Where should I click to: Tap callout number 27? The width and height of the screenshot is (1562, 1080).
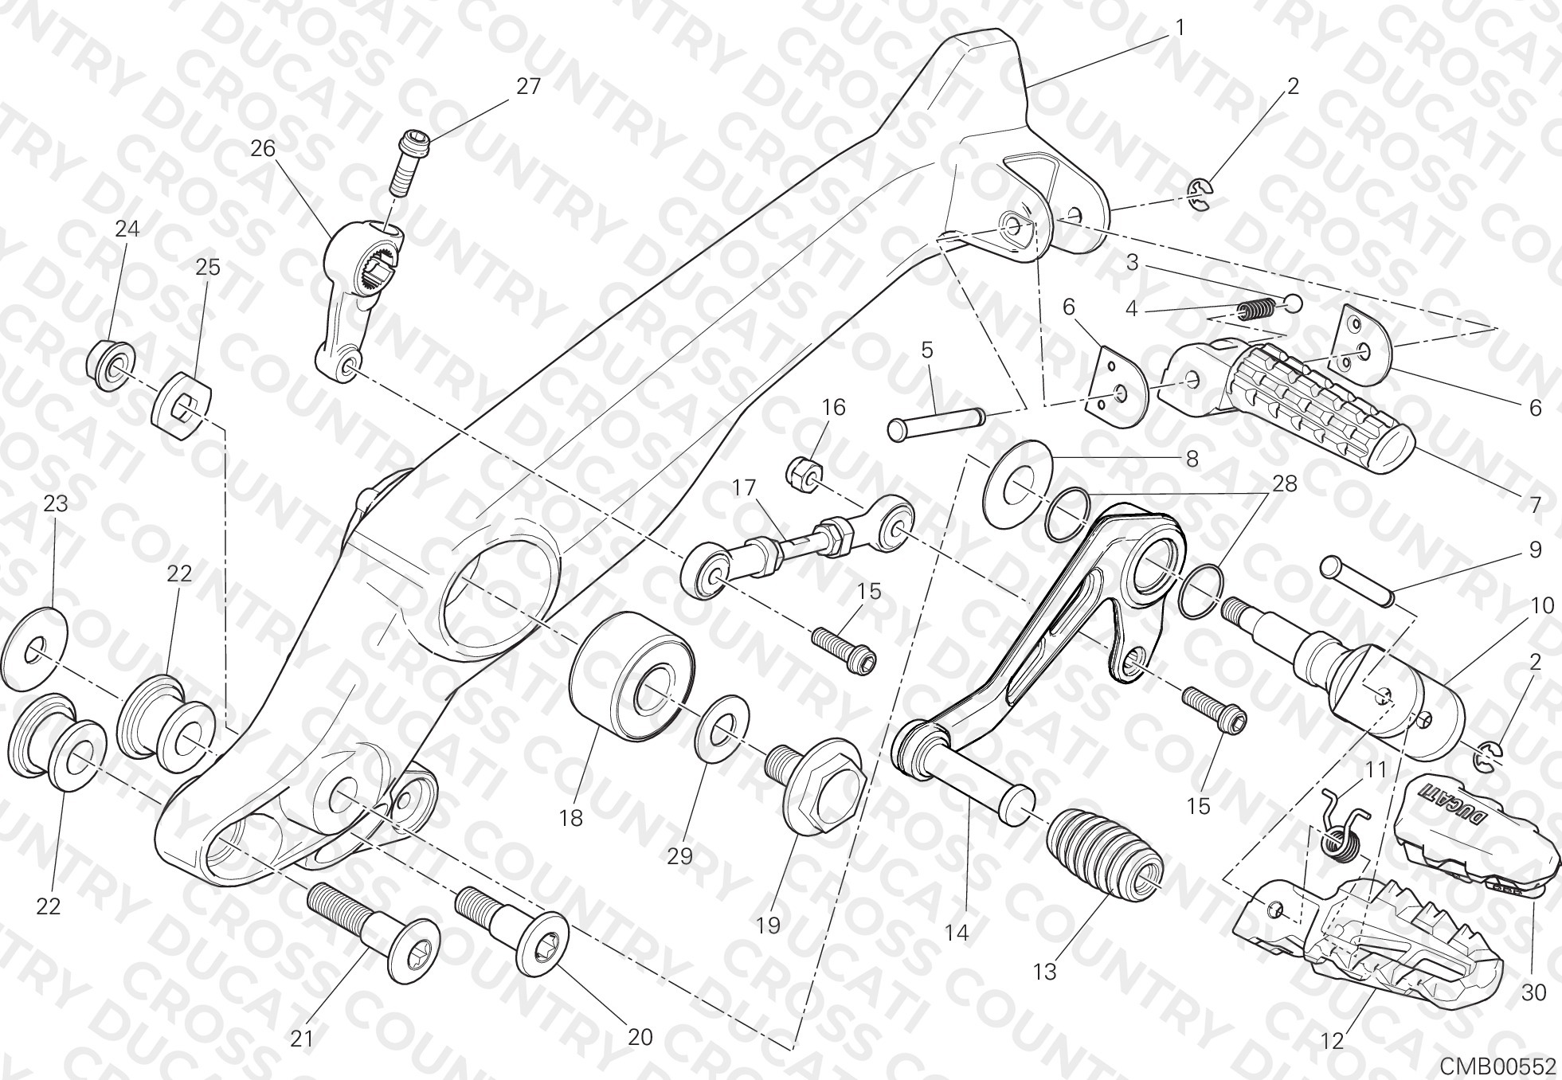pos(528,86)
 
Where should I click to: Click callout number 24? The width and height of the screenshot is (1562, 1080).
pos(127,229)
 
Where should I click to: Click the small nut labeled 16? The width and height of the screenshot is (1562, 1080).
pos(801,472)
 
